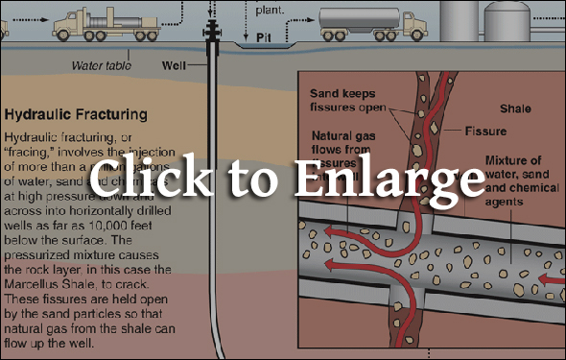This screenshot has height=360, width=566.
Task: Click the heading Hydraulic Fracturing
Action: [x=76, y=115]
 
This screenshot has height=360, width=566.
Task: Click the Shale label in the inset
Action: [x=519, y=108]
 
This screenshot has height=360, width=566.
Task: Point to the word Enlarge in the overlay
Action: [x=402, y=180]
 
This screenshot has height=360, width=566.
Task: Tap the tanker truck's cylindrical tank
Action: [x=355, y=18]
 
